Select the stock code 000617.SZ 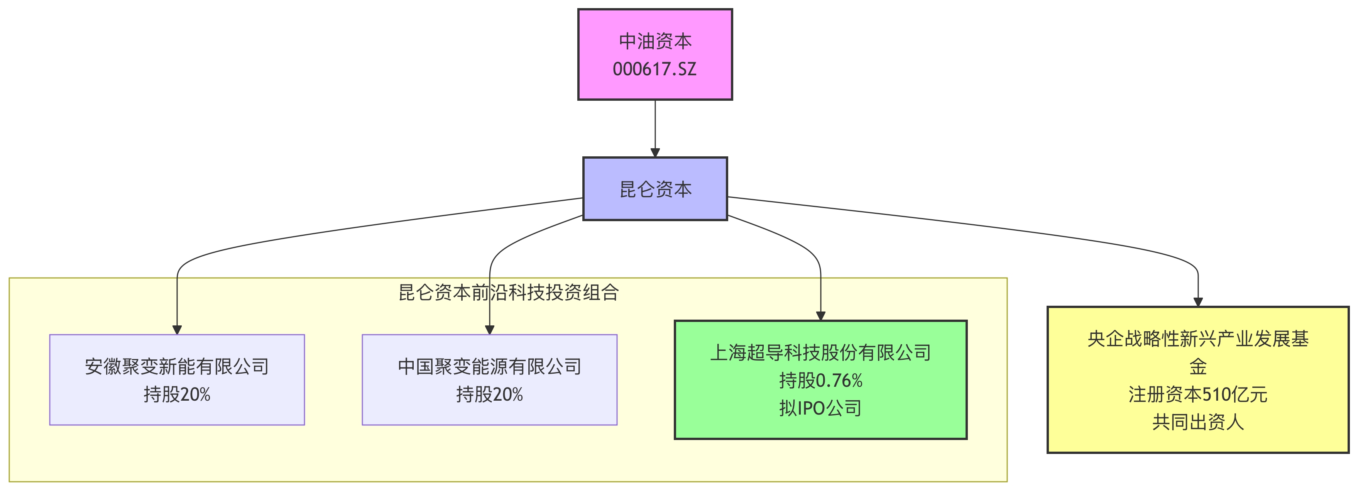[x=655, y=69]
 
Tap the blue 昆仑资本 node [x=655, y=189]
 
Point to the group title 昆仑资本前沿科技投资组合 [x=508, y=292]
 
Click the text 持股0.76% [x=820, y=380]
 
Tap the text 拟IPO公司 [x=820, y=408]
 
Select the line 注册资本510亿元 [x=1198, y=394]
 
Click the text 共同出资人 [x=1198, y=422]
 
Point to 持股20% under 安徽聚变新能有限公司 [x=177, y=394]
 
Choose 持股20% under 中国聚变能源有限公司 [x=489, y=394]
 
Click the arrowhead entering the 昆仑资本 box [x=655, y=153]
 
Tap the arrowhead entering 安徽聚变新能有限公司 [x=177, y=330]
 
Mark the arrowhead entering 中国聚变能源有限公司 [x=489, y=330]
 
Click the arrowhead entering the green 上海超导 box [x=820, y=316]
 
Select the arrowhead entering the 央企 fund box [x=1198, y=302]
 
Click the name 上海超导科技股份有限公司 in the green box [x=820, y=352]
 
